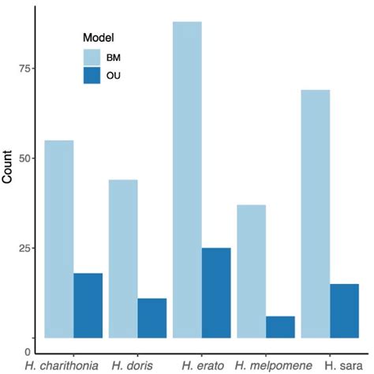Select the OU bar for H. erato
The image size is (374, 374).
click(x=216, y=293)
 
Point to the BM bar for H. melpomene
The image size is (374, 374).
click(x=251, y=271)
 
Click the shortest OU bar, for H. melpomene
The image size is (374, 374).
click(x=280, y=327)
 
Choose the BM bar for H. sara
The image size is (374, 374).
click(x=315, y=214)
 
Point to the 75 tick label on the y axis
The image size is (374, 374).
click(x=24, y=69)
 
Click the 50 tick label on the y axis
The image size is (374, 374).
click(x=24, y=159)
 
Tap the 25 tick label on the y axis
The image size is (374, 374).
click(x=24, y=249)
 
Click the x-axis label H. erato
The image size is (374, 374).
click(x=203, y=365)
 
